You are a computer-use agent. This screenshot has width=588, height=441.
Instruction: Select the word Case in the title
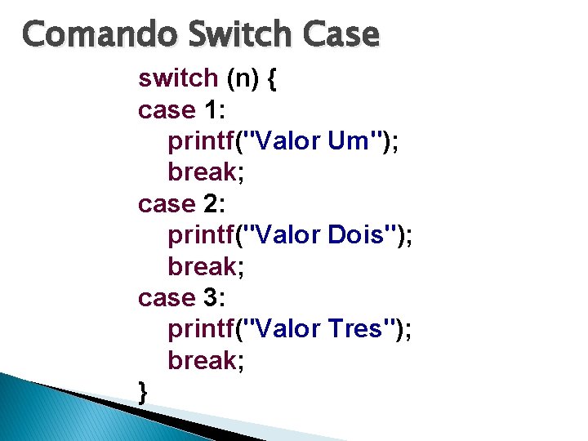click(x=343, y=35)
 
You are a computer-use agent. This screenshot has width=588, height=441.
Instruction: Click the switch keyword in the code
click(x=178, y=78)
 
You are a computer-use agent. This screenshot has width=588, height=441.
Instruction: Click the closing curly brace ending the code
click(x=144, y=393)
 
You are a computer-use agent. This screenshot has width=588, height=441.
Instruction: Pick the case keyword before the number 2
click(x=167, y=204)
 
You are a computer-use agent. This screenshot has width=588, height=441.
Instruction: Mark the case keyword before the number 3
click(x=167, y=298)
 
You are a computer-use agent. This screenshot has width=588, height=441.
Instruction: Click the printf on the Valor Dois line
click(x=201, y=236)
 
